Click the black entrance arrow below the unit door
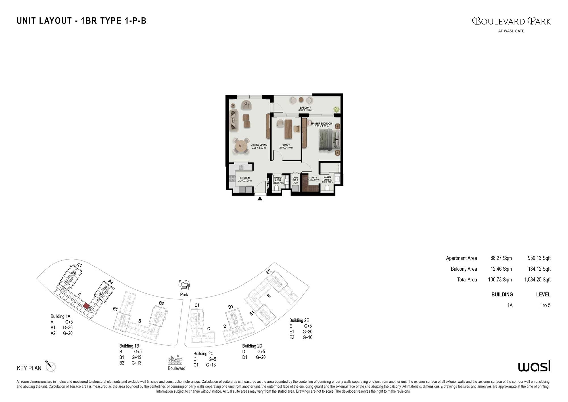pyautogui.click(x=260, y=199)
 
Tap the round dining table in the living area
pyautogui.click(x=242, y=147)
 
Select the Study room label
pyautogui.click(x=286, y=145)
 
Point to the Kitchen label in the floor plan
pyautogui.click(x=245, y=178)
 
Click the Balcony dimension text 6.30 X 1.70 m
pyautogui.click(x=305, y=110)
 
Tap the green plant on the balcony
pyautogui.click(x=336, y=109)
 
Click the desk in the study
pyautogui.click(x=288, y=129)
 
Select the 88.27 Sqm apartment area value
pyautogui.click(x=501, y=258)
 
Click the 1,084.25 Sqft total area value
pyautogui.click(x=537, y=280)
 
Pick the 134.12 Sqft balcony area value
pyautogui.click(x=539, y=269)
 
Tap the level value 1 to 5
pyautogui.click(x=545, y=305)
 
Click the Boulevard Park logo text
pyautogui.click(x=511, y=21)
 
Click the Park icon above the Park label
pyautogui.click(x=184, y=285)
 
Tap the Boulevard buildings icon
pyautogui.click(x=175, y=359)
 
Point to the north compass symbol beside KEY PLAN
pyautogui.click(x=51, y=366)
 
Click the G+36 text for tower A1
pyautogui.click(x=68, y=328)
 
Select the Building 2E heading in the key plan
pyautogui.click(x=299, y=320)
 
